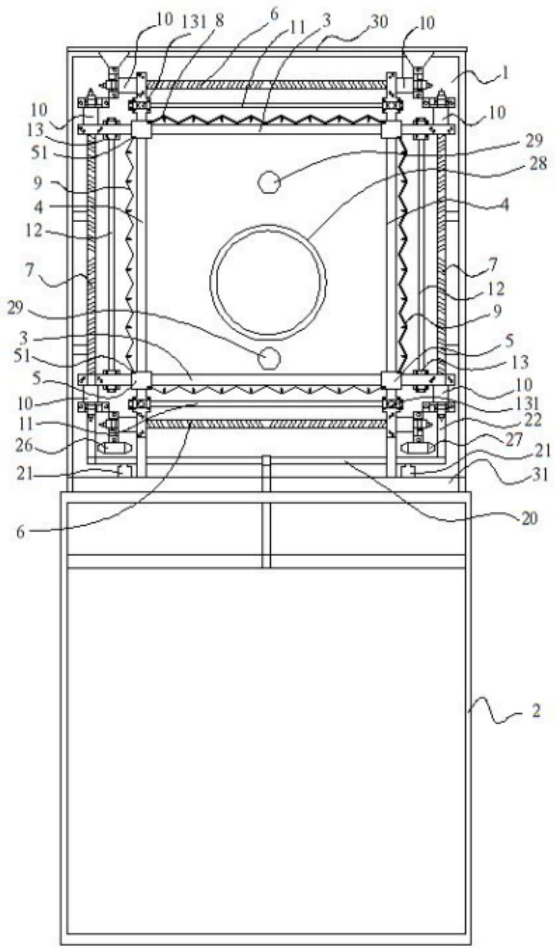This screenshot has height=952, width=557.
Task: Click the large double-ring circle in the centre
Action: [x=268, y=281]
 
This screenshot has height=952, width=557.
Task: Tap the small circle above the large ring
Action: [x=269, y=182]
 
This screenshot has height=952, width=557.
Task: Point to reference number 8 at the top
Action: [x=219, y=20]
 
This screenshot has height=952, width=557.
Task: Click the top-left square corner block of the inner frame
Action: [x=141, y=130]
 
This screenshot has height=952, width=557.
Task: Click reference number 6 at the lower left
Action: [x=21, y=533]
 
